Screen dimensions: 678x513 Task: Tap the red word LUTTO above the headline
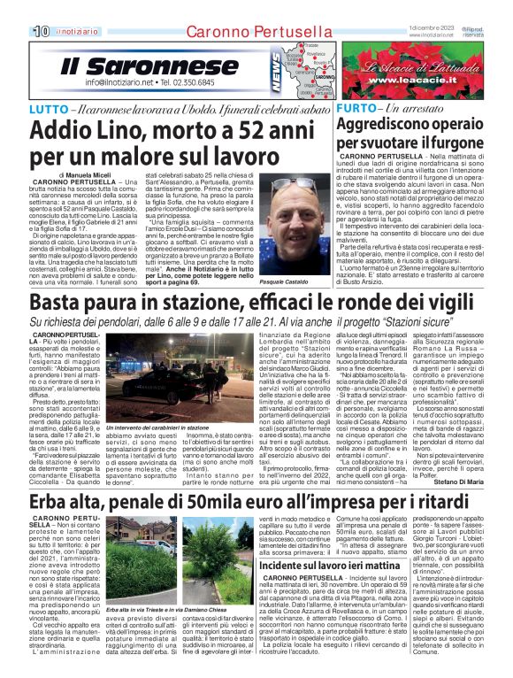pyautogui.click(x=49, y=108)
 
